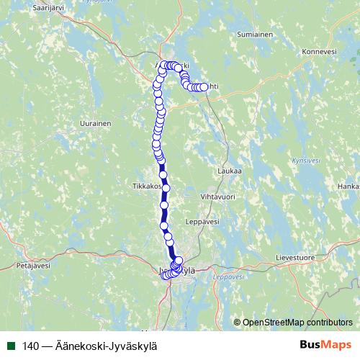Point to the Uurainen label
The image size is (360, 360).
95,124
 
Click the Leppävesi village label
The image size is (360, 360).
202,222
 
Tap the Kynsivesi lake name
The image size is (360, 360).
307,161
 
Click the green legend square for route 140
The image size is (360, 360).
11,346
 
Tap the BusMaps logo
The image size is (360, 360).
325,346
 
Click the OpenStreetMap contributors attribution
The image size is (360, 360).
297,323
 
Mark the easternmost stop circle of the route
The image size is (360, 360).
204,87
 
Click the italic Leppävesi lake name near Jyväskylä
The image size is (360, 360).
229,276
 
